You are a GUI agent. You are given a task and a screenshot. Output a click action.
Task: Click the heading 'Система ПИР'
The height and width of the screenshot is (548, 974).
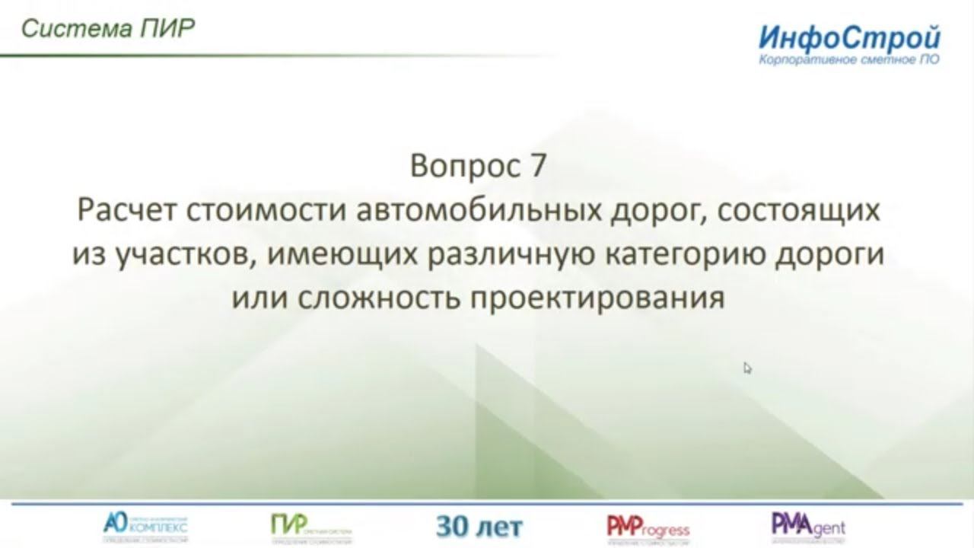click(108, 29)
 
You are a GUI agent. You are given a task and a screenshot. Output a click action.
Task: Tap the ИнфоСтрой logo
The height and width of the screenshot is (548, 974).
click(849, 37)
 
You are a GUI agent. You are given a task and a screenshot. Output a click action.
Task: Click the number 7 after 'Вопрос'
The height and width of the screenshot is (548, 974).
click(537, 165)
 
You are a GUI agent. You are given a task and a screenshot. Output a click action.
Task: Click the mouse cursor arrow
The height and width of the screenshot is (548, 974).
click(747, 368)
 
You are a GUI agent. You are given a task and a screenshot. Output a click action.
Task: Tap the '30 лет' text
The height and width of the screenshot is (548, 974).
click(479, 526)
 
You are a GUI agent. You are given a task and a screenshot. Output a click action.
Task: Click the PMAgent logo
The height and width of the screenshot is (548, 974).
click(808, 527)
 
